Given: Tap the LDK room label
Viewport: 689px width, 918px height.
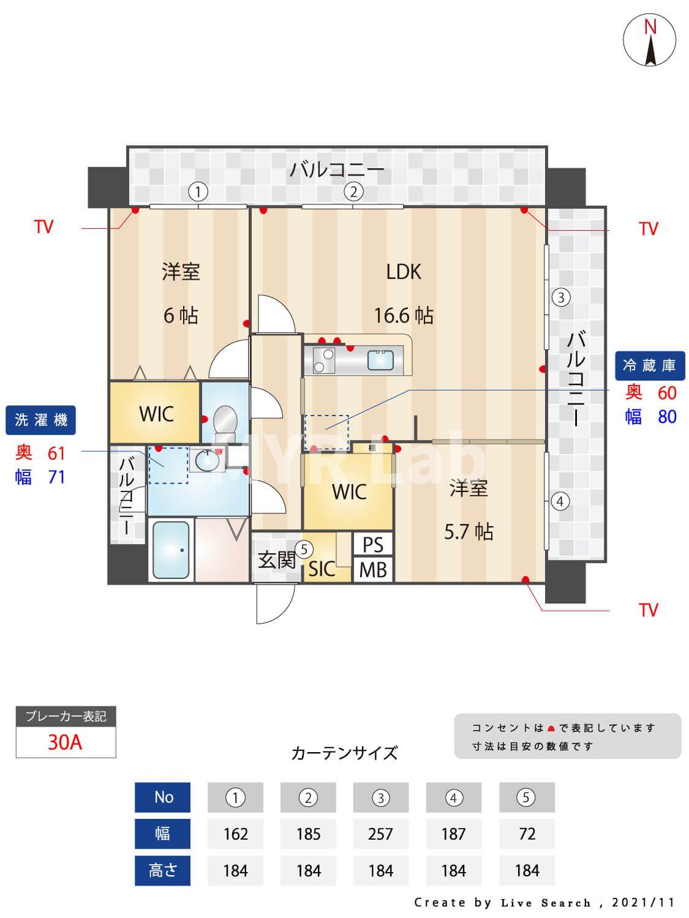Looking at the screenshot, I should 404,272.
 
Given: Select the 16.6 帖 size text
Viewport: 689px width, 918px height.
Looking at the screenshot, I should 404,316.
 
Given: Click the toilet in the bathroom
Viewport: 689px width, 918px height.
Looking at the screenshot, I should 224,421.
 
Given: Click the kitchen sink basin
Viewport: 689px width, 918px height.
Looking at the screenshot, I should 382,359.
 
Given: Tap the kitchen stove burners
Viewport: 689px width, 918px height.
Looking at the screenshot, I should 323,360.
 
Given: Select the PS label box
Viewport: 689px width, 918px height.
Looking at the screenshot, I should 373,545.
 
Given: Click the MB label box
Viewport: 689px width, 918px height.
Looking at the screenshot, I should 373,570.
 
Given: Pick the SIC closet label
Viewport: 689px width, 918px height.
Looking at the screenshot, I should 322,569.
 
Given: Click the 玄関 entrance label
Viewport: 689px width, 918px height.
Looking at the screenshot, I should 276,559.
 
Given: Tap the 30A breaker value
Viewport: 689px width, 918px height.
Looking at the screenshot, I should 65,742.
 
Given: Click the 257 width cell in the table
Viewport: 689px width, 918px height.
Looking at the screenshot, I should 380,834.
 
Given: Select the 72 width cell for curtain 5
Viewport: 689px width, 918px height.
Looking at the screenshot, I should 527,834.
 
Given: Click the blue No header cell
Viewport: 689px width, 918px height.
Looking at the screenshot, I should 163,797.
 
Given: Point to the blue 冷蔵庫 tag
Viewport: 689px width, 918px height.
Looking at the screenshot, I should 649,365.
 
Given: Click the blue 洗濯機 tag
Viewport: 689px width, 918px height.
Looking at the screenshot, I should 41,420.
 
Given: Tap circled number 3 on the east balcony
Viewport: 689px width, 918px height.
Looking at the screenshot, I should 560,297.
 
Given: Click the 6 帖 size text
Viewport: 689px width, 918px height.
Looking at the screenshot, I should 181,316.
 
